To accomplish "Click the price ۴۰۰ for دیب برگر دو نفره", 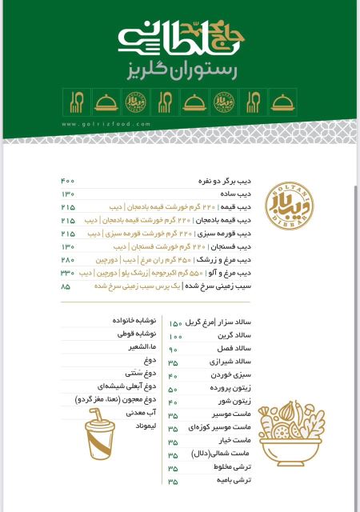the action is [67, 182].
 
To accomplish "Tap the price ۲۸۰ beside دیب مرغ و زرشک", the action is [67, 259].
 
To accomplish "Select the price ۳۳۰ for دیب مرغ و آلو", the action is [67, 272].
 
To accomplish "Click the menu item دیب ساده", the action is [235, 194].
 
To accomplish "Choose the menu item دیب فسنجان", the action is [230, 246].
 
